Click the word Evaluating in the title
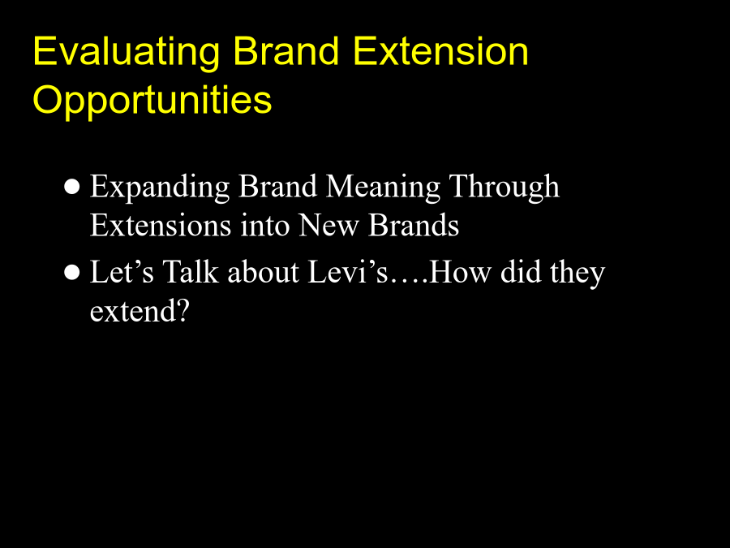(x=127, y=52)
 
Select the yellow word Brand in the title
(x=286, y=50)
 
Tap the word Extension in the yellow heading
(x=441, y=50)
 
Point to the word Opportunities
(x=152, y=101)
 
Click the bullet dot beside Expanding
(x=72, y=188)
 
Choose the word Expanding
(x=160, y=188)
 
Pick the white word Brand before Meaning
(x=278, y=186)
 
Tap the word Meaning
(x=383, y=188)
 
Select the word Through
(x=504, y=188)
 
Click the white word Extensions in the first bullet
(x=161, y=225)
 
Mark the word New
(x=328, y=226)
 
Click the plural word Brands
(x=414, y=225)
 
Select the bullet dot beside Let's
(x=72, y=273)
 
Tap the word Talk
(x=191, y=271)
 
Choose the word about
(x=263, y=272)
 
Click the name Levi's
(x=348, y=272)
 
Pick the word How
(x=460, y=272)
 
